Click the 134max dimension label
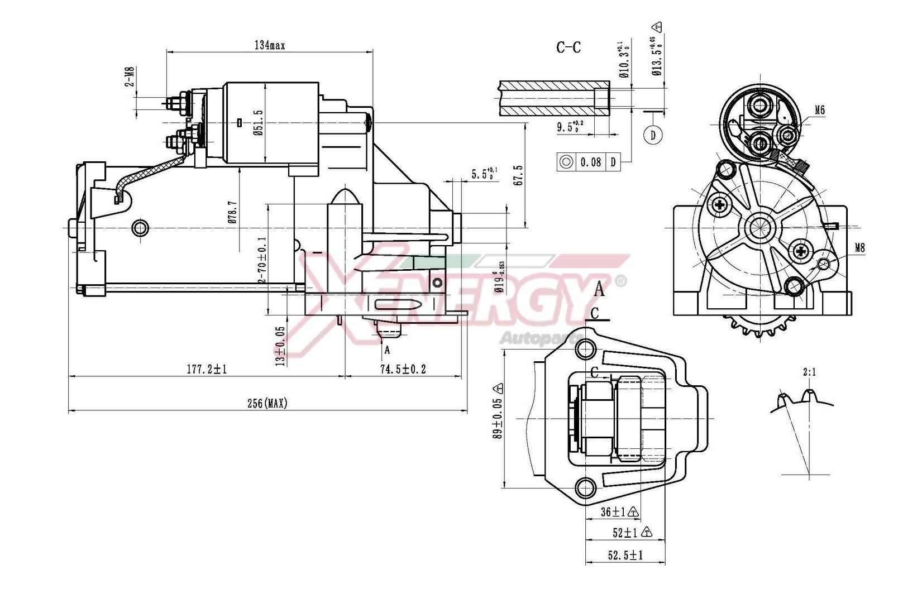pos(270,46)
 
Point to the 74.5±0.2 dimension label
pos(403,369)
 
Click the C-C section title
pos(568,47)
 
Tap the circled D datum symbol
pos(653,135)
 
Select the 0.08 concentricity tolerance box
pos(590,162)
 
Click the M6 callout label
pos(819,111)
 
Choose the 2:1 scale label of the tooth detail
pos(809,372)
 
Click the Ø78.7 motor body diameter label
pos(233,213)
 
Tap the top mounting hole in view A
pos(585,350)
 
